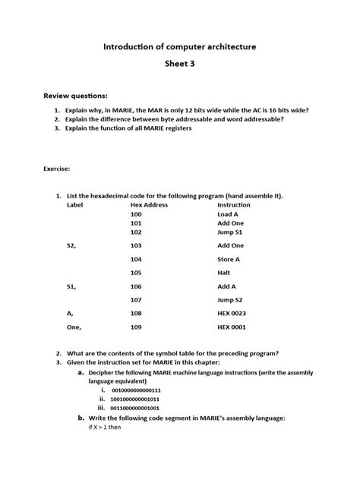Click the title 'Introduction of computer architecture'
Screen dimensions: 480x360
180,47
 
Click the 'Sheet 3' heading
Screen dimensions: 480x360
180,65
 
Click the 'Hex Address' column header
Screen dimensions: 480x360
149,205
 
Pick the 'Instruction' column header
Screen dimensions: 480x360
234,205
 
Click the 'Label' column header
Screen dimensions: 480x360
74,205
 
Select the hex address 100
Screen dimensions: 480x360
136,215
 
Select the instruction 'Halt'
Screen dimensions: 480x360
224,273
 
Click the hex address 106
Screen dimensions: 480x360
136,286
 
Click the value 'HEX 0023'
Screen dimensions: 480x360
234,313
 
